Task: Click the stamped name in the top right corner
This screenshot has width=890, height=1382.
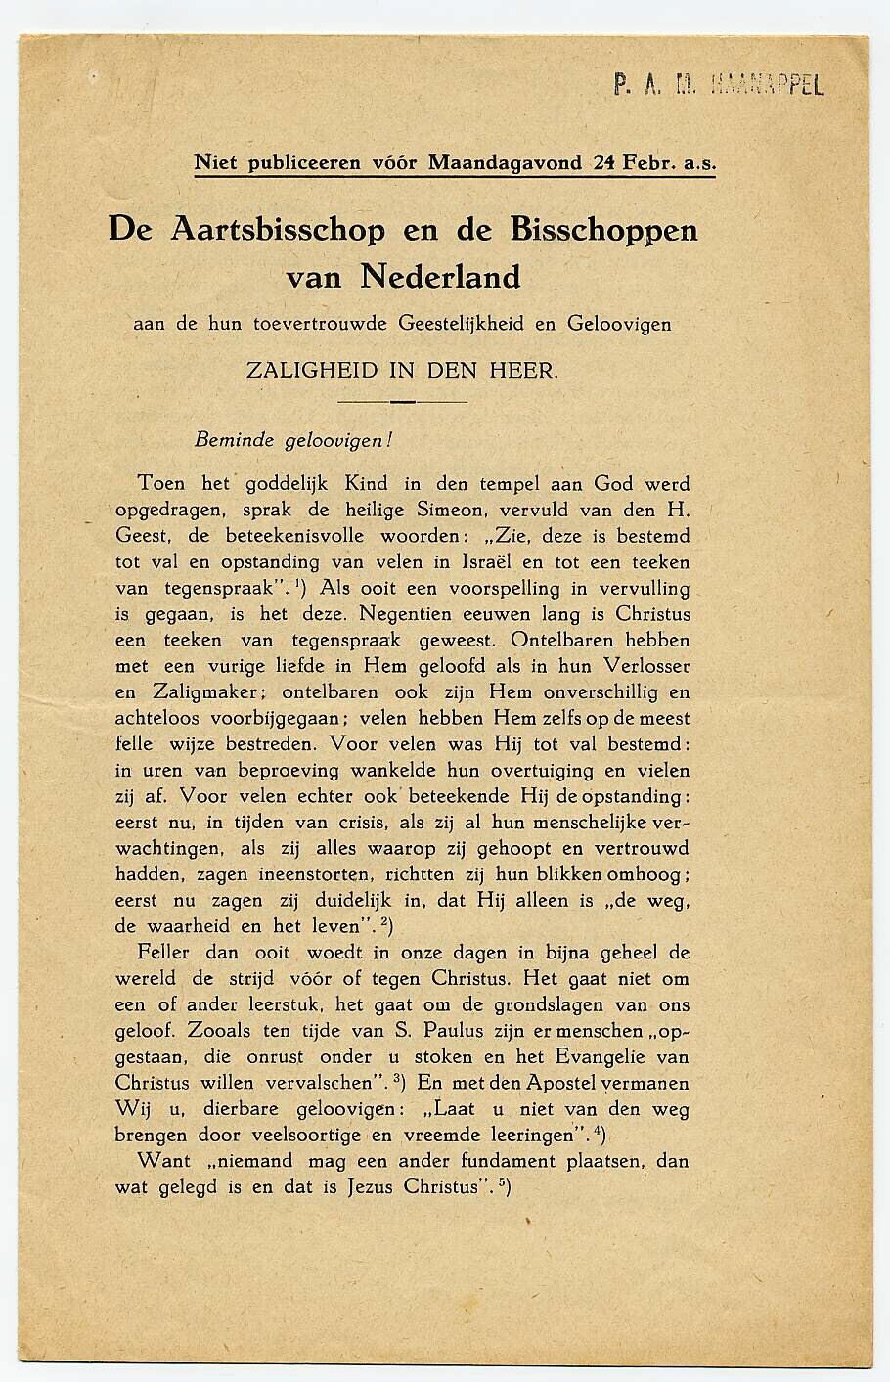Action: point(719,85)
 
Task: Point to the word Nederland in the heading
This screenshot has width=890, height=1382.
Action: point(440,277)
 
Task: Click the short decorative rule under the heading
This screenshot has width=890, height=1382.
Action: point(402,401)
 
